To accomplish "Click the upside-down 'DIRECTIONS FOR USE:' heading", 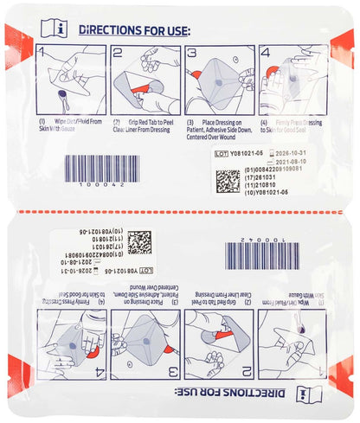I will click(227, 395).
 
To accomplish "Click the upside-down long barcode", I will click(260, 256).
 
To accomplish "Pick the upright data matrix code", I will click(228, 180).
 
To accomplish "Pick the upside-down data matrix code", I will click(139, 242).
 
